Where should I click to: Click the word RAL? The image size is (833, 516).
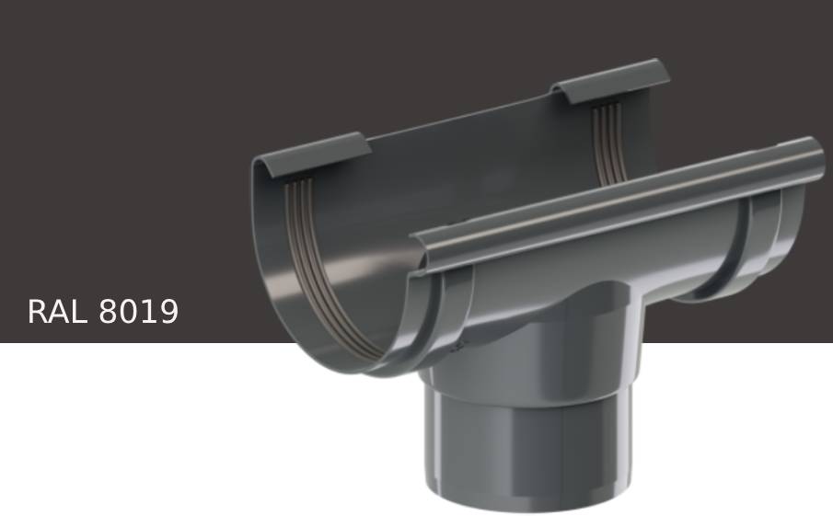pyautogui.click(x=59, y=312)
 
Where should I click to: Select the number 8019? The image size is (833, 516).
pyautogui.click(x=138, y=312)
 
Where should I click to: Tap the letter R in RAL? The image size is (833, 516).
pyautogui.click(x=39, y=312)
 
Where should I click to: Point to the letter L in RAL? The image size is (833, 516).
pyautogui.click(x=82, y=312)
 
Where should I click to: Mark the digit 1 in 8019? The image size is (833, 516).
pyautogui.click(x=148, y=312)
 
